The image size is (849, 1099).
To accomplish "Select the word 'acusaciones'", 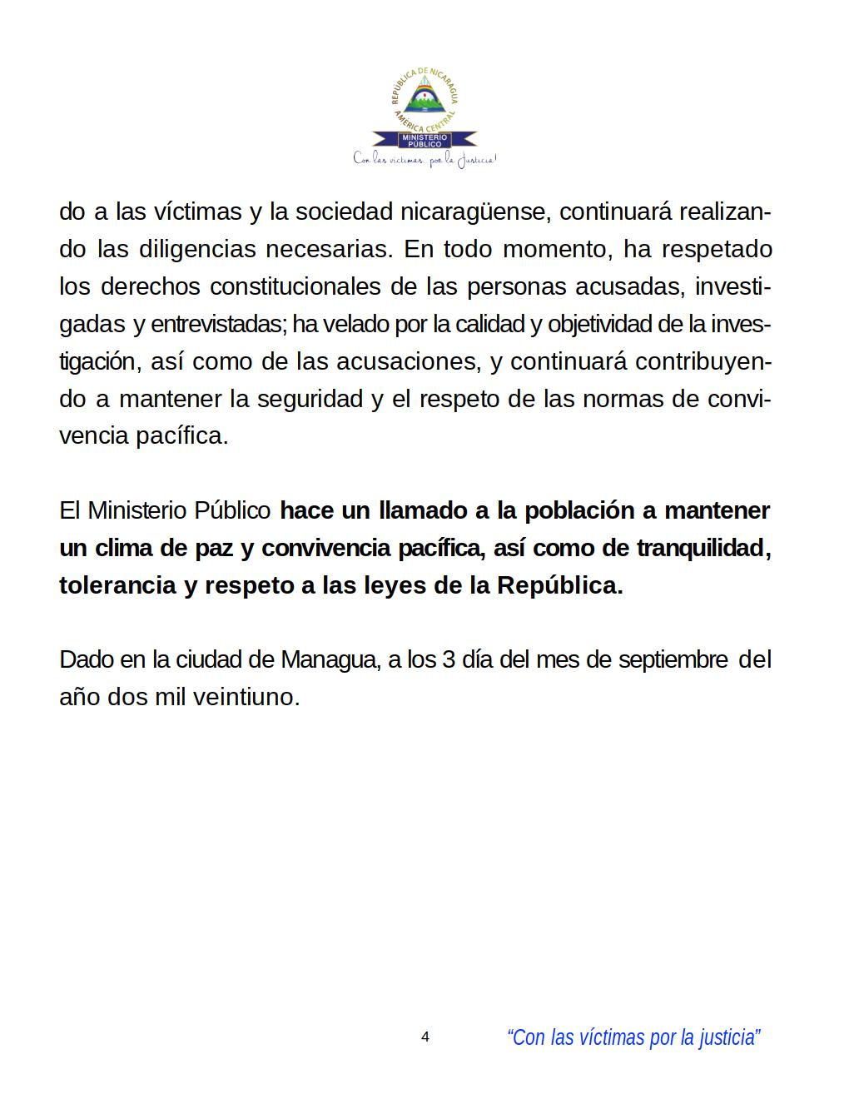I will pos(408,361).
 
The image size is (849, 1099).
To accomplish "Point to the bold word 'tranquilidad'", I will pos(704,548).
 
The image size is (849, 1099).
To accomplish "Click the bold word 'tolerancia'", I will pos(117,585).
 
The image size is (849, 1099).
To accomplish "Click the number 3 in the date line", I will pos(449,659).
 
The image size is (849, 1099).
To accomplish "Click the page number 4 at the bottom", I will pos(425,1037).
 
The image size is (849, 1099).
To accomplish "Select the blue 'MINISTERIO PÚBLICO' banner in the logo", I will pos(424,140).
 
